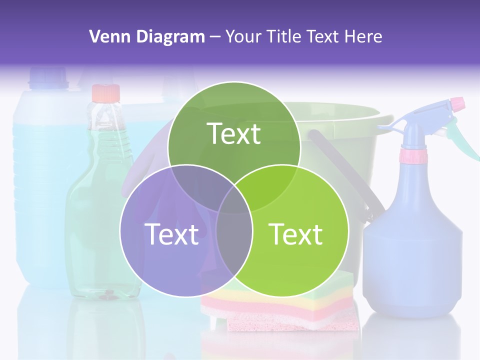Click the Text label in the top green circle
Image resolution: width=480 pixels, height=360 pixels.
[234, 133]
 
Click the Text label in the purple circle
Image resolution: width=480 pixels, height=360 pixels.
[171, 234]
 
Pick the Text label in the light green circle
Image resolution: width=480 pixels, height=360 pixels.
[296, 234]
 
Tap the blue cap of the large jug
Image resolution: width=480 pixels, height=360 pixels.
[48, 77]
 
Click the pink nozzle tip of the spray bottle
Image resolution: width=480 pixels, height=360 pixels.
[457, 104]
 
